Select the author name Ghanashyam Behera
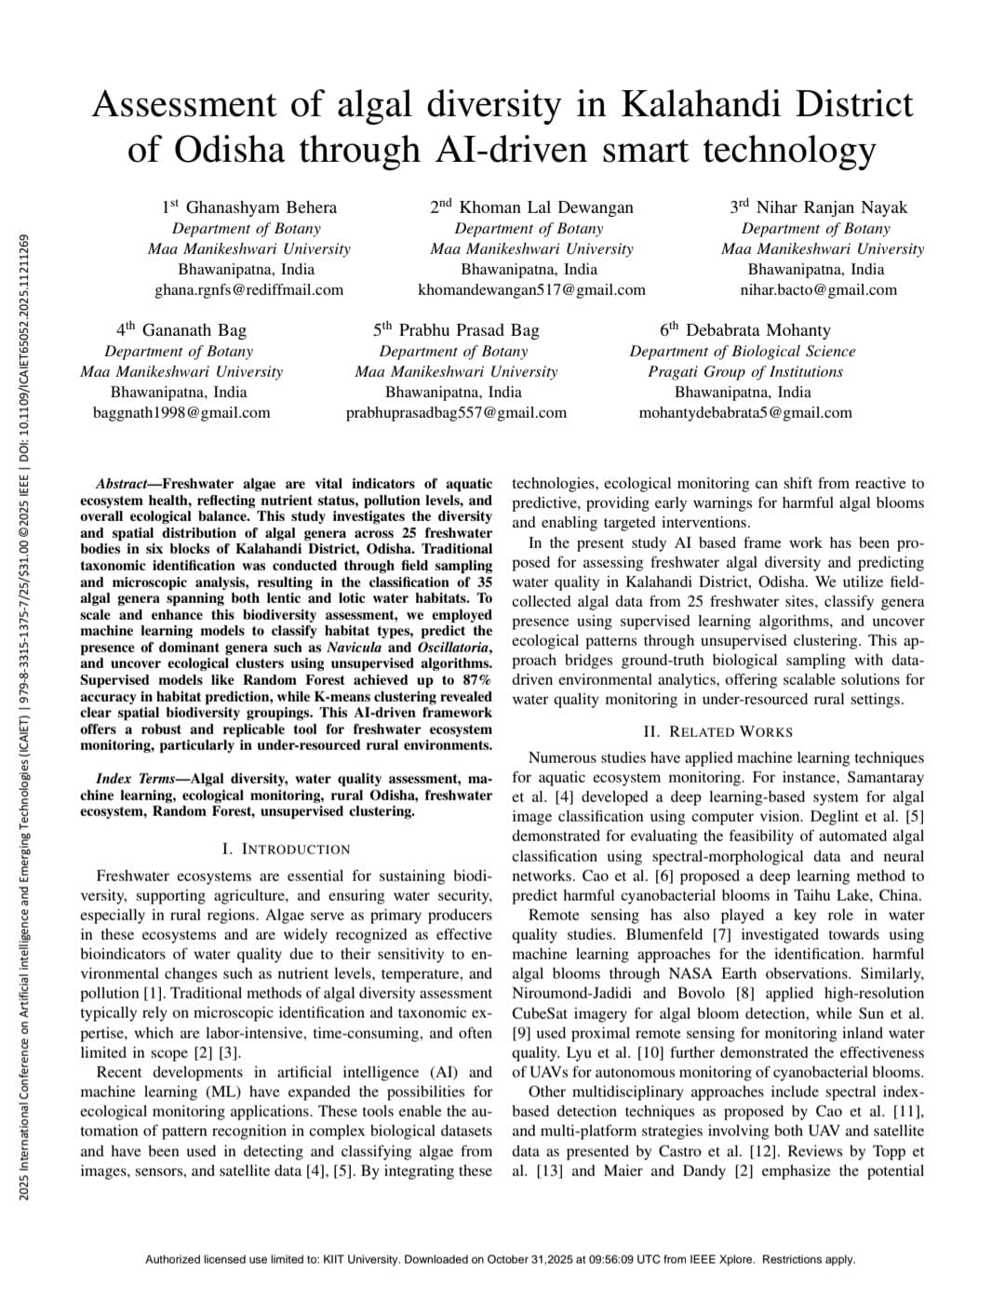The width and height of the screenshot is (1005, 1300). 261,207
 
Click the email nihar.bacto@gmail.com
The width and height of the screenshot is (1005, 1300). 819,289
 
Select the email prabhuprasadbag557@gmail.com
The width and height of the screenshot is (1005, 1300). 456,412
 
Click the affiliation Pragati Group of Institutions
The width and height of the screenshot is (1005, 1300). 745,371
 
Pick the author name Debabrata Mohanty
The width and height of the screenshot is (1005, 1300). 757,329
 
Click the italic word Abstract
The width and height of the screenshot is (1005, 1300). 121,484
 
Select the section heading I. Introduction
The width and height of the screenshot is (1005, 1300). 287,849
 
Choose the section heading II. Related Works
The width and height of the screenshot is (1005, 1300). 717,731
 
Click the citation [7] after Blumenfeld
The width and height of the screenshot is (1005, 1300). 721,934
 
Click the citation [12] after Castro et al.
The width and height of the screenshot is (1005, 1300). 764,1151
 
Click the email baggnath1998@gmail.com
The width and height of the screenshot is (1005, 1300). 181,412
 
